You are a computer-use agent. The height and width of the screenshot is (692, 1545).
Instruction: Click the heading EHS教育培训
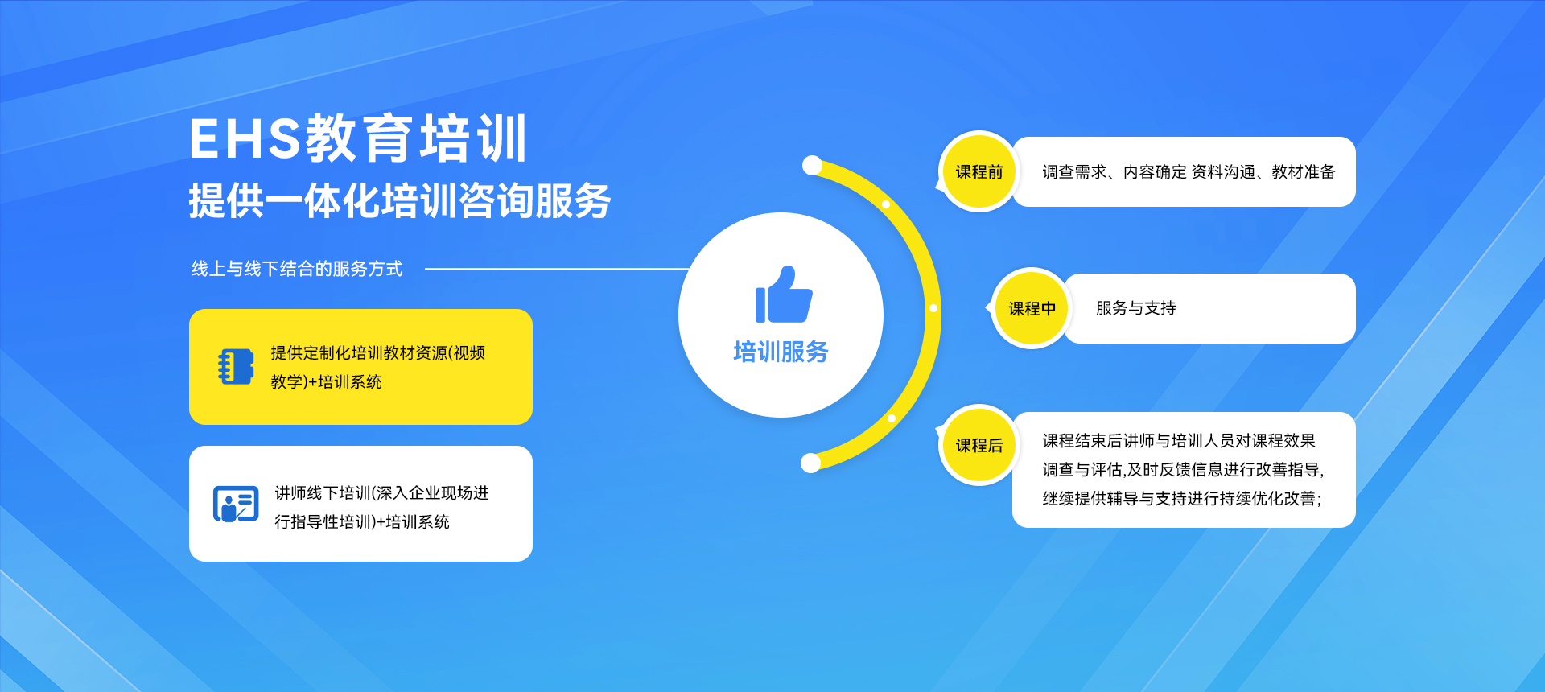(x=358, y=138)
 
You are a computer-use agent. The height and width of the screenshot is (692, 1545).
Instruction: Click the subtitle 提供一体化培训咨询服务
(x=400, y=200)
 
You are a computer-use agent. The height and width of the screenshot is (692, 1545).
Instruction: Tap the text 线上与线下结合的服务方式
(x=297, y=269)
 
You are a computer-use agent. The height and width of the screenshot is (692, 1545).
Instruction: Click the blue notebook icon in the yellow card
(x=236, y=366)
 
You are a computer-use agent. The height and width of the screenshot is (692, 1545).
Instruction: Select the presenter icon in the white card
(x=236, y=504)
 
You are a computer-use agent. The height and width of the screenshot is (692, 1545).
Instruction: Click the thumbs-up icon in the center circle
(x=783, y=295)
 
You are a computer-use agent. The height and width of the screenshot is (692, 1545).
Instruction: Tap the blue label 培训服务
(x=781, y=352)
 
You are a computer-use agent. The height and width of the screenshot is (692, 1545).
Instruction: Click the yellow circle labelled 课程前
(x=979, y=171)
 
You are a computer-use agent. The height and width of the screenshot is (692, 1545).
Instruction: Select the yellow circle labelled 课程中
(x=1032, y=308)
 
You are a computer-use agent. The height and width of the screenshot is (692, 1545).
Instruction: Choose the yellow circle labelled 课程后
(x=979, y=445)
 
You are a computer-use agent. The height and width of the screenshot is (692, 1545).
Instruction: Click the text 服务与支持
(x=1135, y=308)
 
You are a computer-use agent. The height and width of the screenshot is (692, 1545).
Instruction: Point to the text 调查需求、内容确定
(x=1114, y=172)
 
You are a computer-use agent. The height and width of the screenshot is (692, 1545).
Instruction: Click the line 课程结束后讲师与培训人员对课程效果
(x=1179, y=441)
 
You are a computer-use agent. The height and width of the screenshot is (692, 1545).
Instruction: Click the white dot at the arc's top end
(x=812, y=166)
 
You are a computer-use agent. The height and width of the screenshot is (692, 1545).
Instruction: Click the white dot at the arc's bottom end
(x=810, y=463)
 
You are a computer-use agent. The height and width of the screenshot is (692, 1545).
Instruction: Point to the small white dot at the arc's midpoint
(x=933, y=308)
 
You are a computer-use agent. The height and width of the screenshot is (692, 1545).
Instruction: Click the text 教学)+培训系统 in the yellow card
(x=326, y=382)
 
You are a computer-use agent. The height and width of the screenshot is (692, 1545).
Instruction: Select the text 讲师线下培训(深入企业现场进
(x=381, y=493)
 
